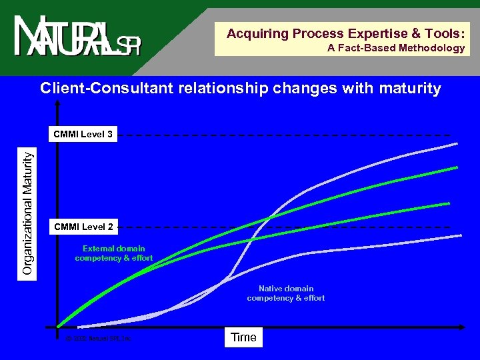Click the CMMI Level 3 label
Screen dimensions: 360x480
(x=83, y=135)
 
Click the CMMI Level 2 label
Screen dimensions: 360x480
(x=83, y=227)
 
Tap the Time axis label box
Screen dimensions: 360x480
(x=243, y=337)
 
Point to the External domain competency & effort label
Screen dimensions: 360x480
(x=114, y=253)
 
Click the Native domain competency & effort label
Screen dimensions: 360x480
(x=286, y=293)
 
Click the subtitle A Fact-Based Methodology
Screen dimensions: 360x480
(x=396, y=48)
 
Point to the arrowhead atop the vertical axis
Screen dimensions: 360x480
(x=59, y=104)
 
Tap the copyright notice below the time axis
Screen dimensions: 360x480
(x=99, y=339)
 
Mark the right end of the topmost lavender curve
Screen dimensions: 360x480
(x=457, y=143)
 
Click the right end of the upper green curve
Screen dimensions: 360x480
(x=457, y=167)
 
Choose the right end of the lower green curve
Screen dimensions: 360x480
(x=449, y=203)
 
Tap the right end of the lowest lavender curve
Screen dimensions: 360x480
(x=461, y=235)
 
